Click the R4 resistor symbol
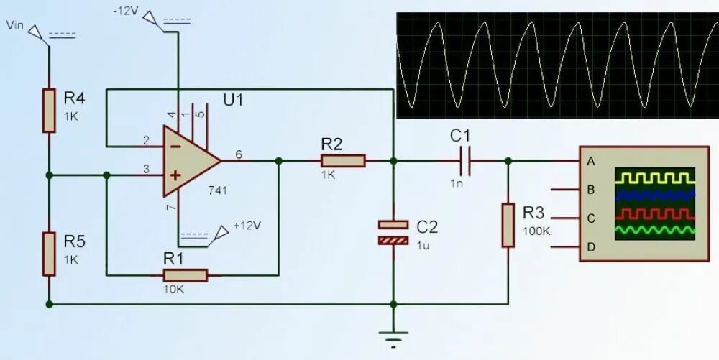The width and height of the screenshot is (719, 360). click(49, 111)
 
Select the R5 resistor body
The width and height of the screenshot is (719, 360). click(49, 254)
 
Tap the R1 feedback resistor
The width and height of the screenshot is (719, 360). click(186, 275)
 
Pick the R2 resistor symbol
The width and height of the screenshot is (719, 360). click(343, 161)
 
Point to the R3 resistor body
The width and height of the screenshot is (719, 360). click(508, 225)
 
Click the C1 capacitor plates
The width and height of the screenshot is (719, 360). click(466, 161)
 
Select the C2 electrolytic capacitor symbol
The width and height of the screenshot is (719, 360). click(393, 232)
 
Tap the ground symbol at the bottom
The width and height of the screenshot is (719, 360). click(393, 336)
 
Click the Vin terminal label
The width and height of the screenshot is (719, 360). click(14, 26)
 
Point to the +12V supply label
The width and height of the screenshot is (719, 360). click(247, 226)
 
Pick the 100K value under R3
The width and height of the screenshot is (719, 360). click(536, 231)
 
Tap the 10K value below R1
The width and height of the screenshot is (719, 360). click(175, 289)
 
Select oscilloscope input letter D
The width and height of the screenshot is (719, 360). click(591, 247)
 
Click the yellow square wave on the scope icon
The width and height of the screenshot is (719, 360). click(654, 177)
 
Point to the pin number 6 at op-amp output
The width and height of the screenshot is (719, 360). click(238, 154)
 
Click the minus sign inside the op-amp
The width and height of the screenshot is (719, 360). click(174, 145)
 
